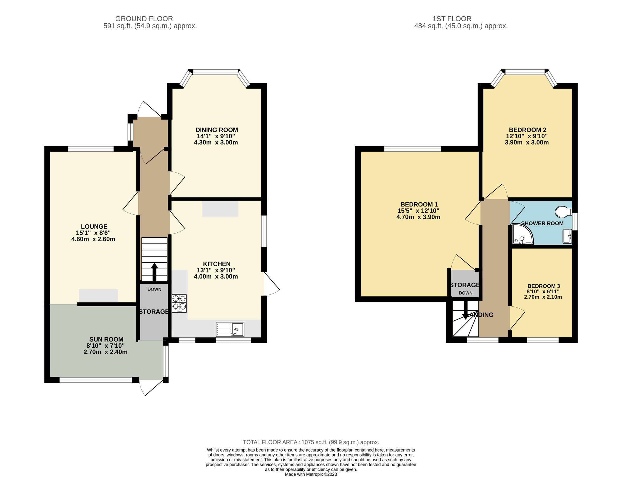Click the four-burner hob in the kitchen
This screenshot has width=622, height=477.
tap(179, 303)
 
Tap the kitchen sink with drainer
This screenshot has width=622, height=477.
tap(230, 329)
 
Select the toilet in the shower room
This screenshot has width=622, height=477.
tap(563, 211)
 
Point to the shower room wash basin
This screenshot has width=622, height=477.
tap(567, 236)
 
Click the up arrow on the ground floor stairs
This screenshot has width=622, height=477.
tap(154, 272)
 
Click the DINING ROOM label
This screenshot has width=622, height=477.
tap(217, 130)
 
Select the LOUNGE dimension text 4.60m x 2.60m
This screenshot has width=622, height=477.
tap(93, 239)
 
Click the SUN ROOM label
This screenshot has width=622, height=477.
tap(106, 339)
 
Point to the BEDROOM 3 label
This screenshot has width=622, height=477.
tap(543, 286)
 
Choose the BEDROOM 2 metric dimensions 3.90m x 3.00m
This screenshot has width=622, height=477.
tap(526, 143)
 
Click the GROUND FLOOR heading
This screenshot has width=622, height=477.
tap(144, 19)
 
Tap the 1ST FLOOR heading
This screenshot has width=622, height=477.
tap(452, 19)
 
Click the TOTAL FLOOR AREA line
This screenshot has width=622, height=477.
tap(311, 442)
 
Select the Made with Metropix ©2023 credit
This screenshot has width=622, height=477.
tap(311, 474)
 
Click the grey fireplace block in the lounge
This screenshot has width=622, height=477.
tap(98, 295)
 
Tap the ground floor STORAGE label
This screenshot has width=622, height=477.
tap(154, 312)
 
